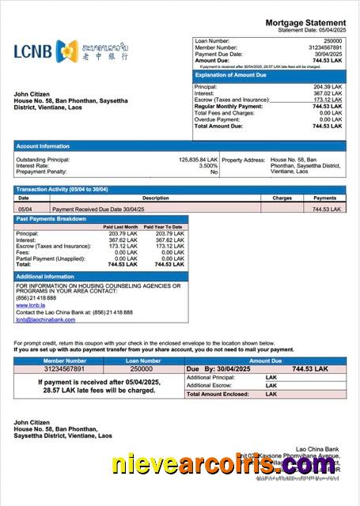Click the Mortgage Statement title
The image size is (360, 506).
tap(305, 22)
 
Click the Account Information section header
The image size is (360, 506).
tap(43, 145)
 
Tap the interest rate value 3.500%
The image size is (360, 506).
tap(208, 165)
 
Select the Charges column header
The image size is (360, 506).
tap(282, 198)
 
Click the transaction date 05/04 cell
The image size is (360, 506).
tap(24, 209)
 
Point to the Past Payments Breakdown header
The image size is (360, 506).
tap(51, 218)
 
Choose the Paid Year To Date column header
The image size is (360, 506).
tap(164, 227)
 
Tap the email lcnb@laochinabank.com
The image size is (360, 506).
tap(45, 319)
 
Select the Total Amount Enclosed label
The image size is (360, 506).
tap(215, 394)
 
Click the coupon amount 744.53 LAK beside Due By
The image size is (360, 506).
tap(309, 369)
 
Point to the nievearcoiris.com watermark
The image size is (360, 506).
tap(223, 466)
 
